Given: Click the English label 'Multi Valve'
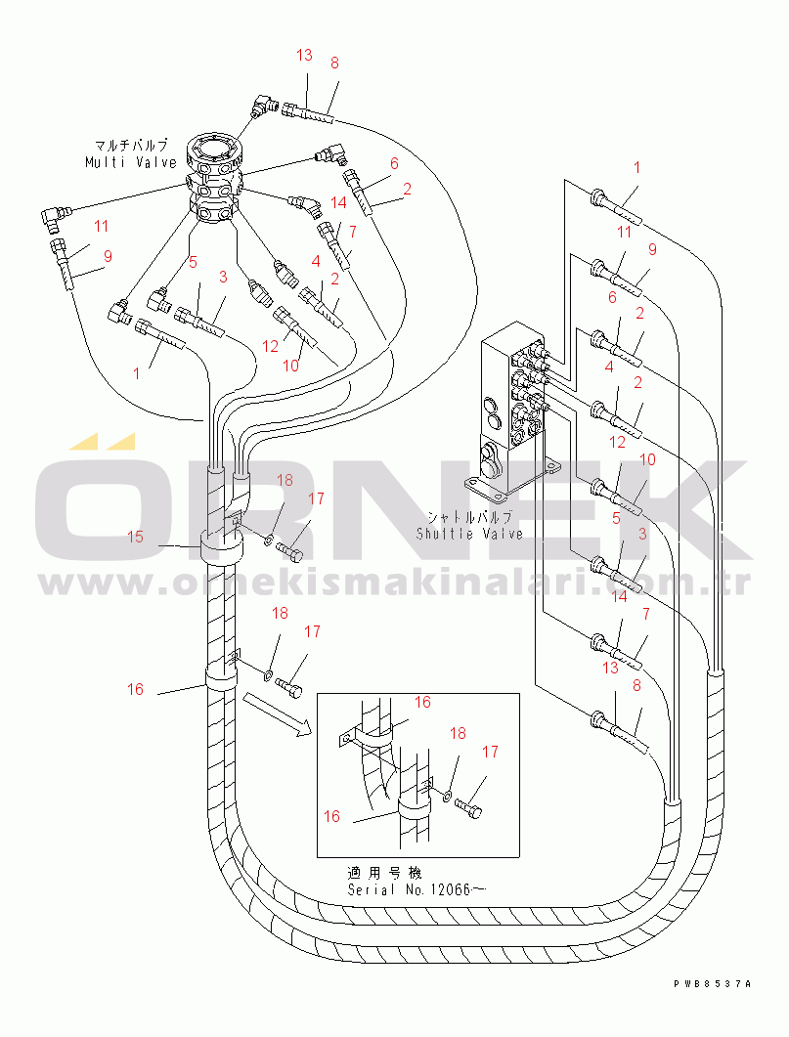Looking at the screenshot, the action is click(131, 162).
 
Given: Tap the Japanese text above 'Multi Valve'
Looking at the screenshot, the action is click(131, 145).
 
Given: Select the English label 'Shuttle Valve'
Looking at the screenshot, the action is click(469, 534).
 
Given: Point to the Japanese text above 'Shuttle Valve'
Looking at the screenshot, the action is click(469, 516).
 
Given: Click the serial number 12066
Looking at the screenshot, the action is click(451, 889).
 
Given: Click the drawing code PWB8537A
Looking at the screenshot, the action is click(713, 984).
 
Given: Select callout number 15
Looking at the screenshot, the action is click(135, 537).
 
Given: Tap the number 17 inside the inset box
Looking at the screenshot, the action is click(490, 752).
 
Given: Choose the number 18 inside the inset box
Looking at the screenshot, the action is click(458, 733).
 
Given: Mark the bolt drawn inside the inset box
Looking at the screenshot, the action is click(469, 807).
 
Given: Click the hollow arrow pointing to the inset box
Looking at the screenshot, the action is click(277, 714).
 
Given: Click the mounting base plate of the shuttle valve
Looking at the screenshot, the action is click(509, 480).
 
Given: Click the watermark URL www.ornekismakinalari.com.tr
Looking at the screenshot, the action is click(394, 583).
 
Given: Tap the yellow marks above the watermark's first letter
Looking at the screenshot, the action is click(103, 441).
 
